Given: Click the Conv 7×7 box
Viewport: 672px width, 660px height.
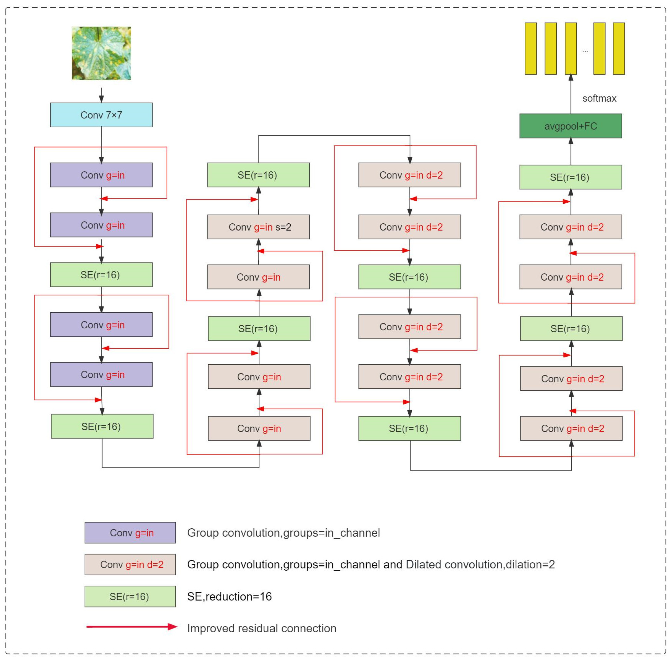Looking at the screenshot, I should (101, 115).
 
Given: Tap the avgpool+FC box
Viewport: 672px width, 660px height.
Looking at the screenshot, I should (570, 126).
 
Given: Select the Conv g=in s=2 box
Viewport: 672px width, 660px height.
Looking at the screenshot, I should (259, 227).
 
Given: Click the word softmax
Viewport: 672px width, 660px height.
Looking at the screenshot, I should (599, 98).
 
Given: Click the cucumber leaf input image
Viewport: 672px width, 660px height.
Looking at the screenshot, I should (101, 53).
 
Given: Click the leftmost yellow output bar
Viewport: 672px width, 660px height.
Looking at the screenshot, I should (531, 49).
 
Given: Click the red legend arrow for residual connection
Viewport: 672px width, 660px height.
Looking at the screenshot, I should (132, 627).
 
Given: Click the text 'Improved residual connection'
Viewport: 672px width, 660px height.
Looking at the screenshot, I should (262, 629).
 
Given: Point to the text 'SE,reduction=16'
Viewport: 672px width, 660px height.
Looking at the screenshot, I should (229, 597).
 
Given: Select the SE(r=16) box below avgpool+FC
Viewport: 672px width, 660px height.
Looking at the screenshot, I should (570, 177).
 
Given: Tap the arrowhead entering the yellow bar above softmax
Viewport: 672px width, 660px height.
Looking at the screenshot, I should (571, 77).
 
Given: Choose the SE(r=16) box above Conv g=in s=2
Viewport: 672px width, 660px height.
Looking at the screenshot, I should (259, 175).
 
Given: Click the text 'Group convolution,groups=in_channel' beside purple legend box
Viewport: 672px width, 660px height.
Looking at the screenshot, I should (283, 533).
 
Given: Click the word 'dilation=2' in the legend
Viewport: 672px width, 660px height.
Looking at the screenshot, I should (530, 565).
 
